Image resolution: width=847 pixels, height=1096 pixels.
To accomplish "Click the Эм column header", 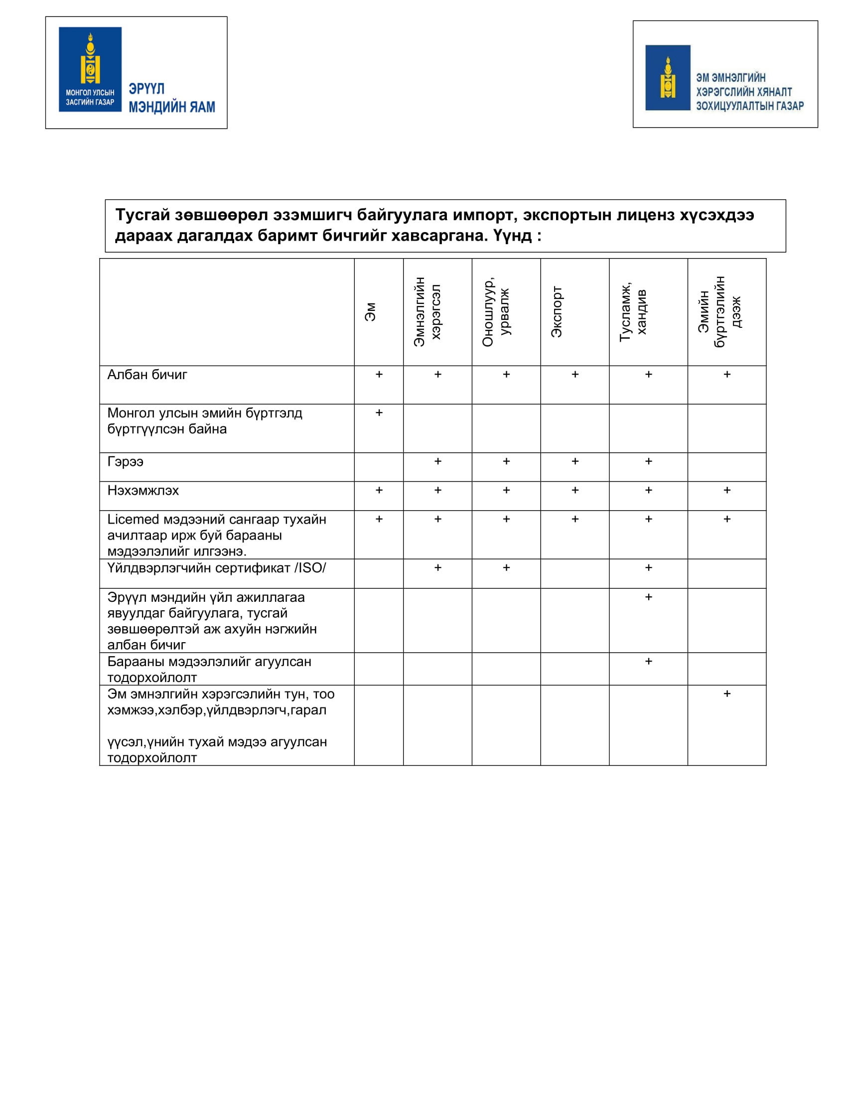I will point(370,312).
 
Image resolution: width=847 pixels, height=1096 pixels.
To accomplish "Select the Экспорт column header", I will point(557,312).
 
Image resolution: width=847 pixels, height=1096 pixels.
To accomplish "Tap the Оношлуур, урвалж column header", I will point(495,312).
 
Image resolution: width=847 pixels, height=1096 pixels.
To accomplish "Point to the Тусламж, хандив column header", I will point(633,312).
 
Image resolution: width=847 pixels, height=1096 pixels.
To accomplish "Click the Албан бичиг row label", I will point(147,375).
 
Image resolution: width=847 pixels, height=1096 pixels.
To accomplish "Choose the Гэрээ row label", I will point(126,462).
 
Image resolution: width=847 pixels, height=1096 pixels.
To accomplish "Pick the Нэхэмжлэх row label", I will point(143,491).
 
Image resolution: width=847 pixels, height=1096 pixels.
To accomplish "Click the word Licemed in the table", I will point(133,520).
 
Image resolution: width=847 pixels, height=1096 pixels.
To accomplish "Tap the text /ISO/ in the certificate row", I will point(310,568).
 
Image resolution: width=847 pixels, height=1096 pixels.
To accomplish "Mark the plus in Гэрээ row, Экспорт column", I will point(575,461).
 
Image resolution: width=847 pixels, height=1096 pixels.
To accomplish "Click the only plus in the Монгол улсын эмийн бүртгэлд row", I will point(379,413).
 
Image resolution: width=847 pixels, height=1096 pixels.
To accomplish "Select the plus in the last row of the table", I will point(726,694).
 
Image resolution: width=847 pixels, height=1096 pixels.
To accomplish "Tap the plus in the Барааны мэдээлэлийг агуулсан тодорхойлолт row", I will point(648,662).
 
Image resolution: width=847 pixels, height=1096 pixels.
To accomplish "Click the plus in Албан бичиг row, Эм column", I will point(379,374).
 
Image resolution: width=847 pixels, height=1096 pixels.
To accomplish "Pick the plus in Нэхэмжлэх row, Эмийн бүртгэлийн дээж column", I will point(726,490).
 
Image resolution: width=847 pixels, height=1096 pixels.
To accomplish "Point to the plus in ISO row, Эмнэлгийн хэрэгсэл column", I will point(437,567).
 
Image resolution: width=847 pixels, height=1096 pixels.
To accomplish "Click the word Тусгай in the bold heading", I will point(142,215).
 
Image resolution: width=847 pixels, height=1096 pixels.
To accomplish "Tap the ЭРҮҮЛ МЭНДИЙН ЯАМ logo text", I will point(171,98).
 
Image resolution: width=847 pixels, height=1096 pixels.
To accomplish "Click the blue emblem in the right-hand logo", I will point(667,78).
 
